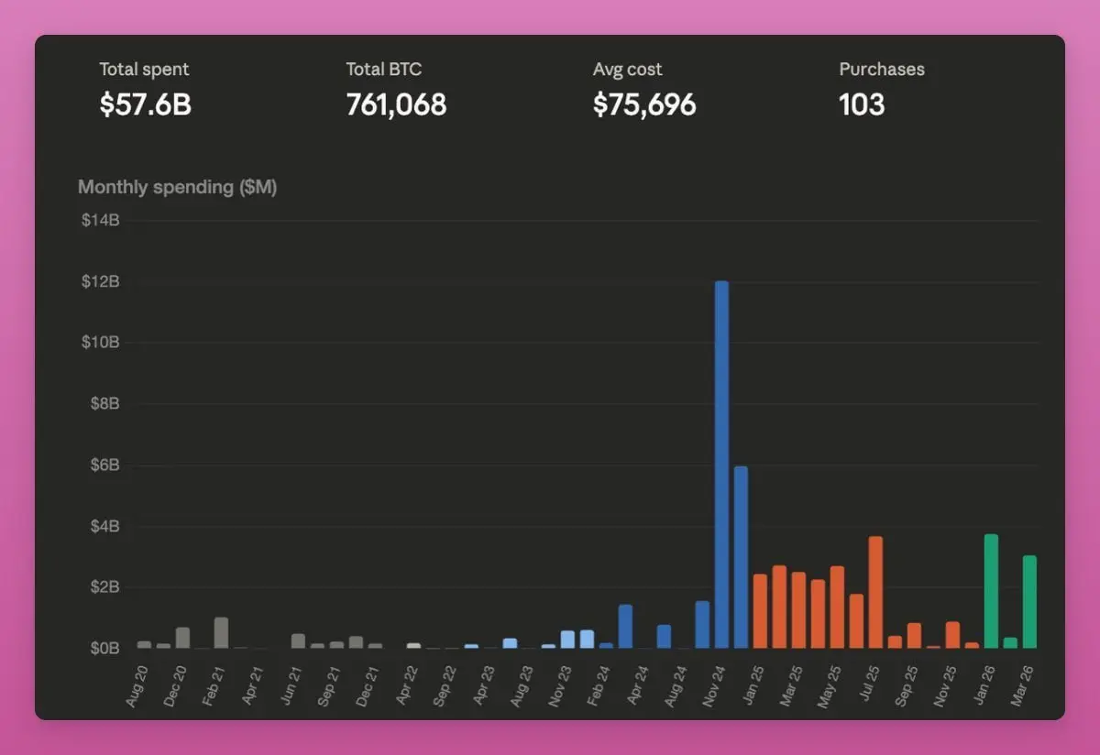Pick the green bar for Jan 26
991,591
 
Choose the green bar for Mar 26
1029,602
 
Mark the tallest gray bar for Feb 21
221,632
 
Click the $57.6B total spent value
145,104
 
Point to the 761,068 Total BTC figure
396,104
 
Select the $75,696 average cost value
644,104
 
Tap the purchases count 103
862,104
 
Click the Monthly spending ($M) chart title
177,187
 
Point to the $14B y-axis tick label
101,221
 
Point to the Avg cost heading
627,69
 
